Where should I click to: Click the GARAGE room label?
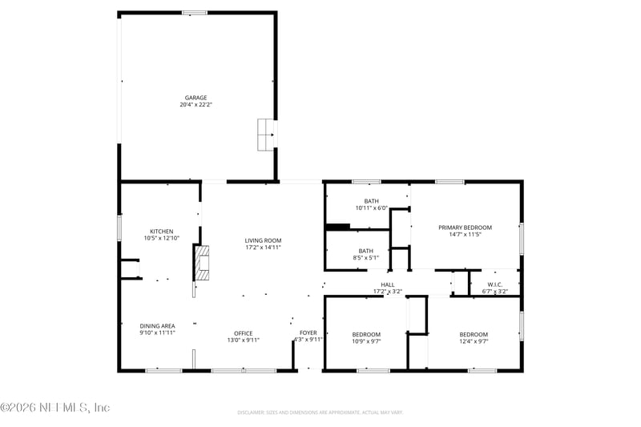196,98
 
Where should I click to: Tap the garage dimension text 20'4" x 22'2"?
196,105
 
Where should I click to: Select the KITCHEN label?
161,232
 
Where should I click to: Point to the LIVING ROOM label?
263,240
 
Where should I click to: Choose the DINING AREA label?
157,326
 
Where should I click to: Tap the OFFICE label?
244,333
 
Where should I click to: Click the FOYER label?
308,332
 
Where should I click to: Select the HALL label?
388,284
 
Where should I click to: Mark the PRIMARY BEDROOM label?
465,228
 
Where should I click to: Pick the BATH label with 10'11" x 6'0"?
371,201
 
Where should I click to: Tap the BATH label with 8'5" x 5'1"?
365,251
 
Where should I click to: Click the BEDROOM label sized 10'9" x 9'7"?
366,334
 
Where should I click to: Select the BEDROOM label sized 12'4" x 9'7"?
474,334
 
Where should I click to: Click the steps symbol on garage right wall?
265,135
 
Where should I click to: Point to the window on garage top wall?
195,13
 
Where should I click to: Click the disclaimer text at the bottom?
319,413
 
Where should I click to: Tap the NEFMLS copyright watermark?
54,407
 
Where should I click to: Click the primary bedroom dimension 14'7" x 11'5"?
465,235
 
